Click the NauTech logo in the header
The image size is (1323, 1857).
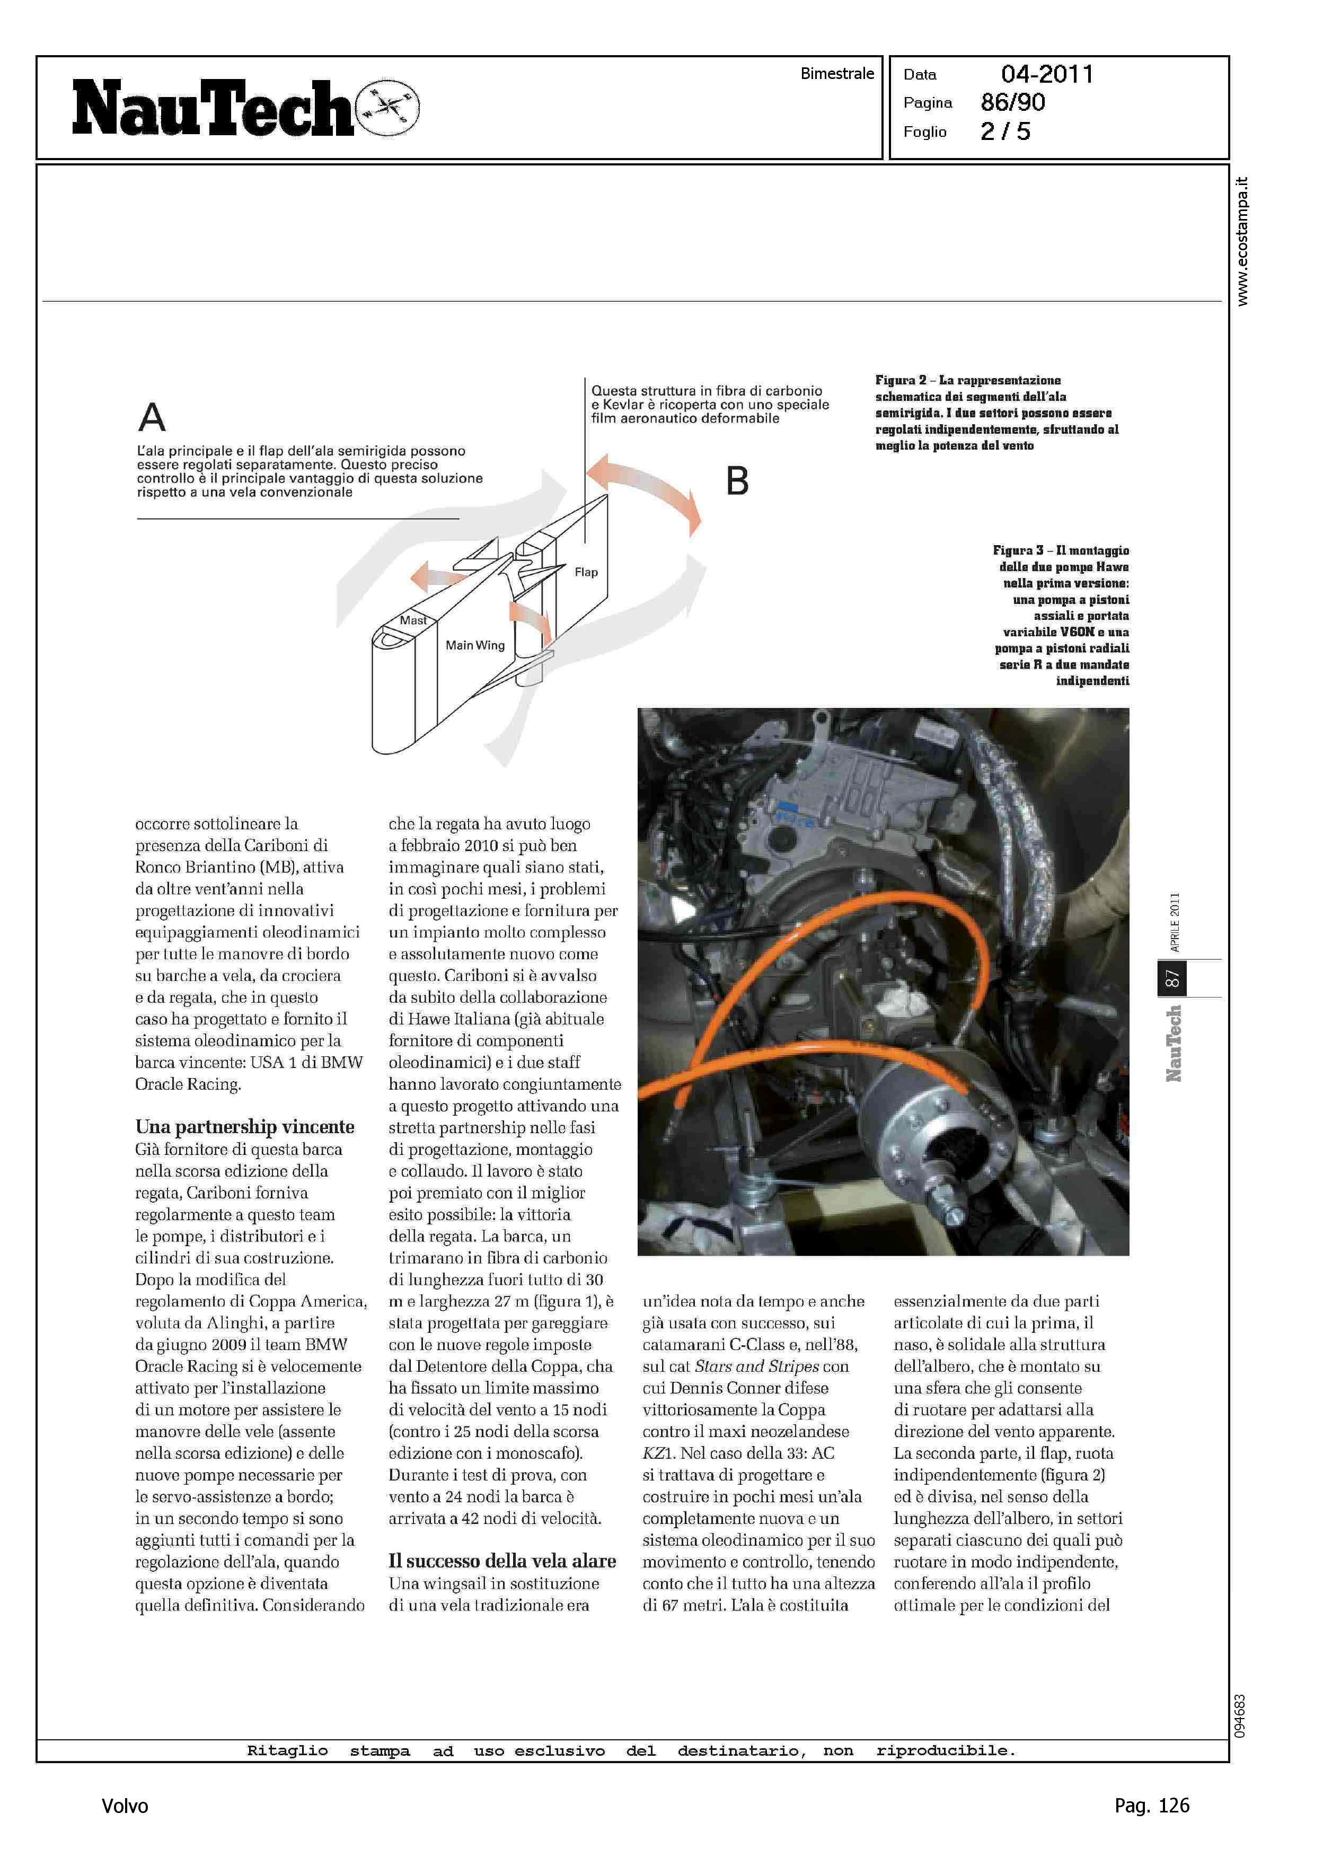[214, 108]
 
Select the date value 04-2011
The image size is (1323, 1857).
[1047, 74]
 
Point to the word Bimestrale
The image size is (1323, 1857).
[836, 73]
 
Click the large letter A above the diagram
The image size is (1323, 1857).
[152, 417]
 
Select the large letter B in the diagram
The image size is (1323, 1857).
[737, 481]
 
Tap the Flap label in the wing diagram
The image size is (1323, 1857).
[586, 572]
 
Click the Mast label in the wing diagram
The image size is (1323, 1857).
[413, 620]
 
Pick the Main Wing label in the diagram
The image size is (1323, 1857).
[475, 645]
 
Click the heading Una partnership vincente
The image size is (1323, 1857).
[244, 1126]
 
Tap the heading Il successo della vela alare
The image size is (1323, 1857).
[502, 1561]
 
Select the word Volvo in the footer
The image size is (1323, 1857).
[125, 1806]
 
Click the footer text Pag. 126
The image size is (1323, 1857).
[1151, 1805]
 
